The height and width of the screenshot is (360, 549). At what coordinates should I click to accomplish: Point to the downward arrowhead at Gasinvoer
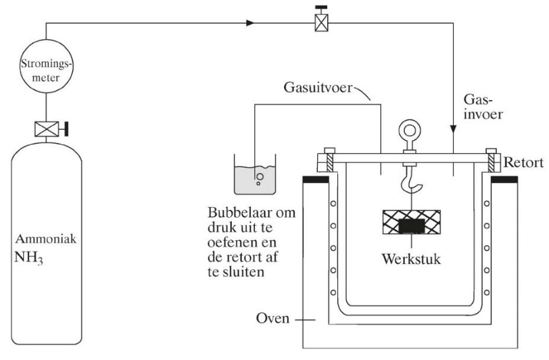pyautogui.click(x=454, y=129)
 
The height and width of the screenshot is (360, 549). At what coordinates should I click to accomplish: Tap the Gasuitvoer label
pyautogui.click(x=315, y=89)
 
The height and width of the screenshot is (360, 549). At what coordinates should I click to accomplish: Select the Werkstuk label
pyautogui.click(x=411, y=260)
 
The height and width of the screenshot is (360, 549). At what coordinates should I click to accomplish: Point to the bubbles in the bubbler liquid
pyautogui.click(x=259, y=177)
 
